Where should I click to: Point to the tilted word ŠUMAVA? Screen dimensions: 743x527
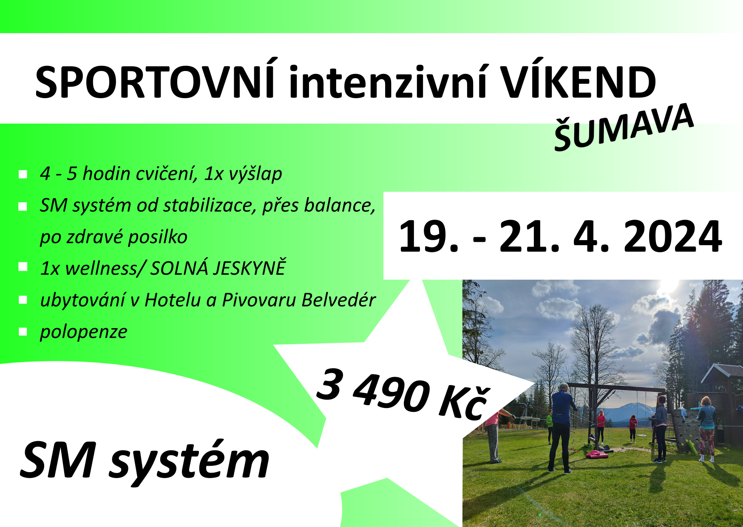click(x=624, y=127)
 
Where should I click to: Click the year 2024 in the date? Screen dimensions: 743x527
click(x=672, y=236)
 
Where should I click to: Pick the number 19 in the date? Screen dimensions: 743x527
click(x=425, y=236)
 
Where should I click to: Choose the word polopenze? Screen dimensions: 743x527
click(x=83, y=332)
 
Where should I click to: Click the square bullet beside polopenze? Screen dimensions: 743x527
click(x=23, y=332)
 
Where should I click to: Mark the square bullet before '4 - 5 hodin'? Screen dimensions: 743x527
click(x=23, y=174)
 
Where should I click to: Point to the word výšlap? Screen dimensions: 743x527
click(x=255, y=174)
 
